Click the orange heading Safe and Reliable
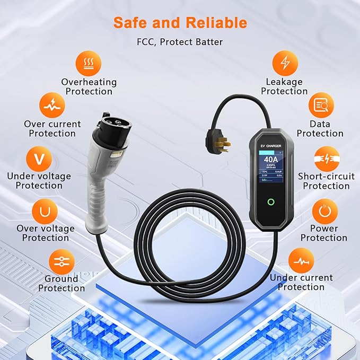(180, 23)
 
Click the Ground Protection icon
(62, 261)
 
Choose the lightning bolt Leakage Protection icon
(285, 63)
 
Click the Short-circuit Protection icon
(327, 159)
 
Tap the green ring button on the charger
(271, 202)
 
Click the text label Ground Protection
(61, 283)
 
